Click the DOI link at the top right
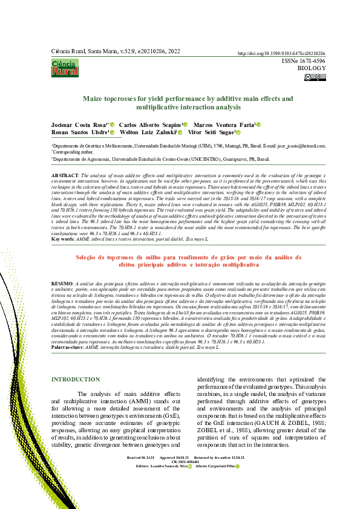[282, 54]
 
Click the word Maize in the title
[94, 98]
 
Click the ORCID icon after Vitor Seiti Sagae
[238, 132]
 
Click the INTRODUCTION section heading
[76, 380]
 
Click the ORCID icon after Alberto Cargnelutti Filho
[238, 467]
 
